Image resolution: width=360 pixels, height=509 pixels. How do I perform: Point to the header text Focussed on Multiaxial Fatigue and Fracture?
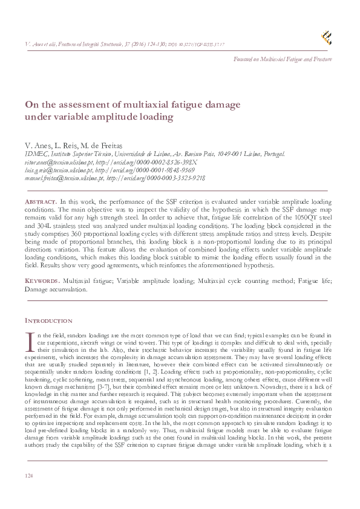coord(284,59)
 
